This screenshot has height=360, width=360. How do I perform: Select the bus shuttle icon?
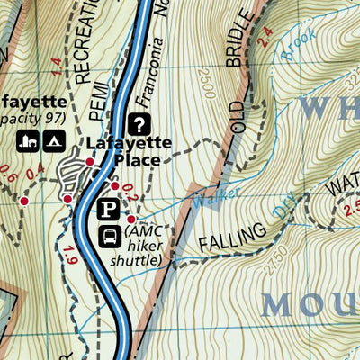tap(109, 236)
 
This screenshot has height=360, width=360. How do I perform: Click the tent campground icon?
tap(53, 139)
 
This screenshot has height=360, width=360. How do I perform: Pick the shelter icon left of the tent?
tap(28, 139)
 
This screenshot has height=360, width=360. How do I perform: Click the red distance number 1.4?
tap(57, 66)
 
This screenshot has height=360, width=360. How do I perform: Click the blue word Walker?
tap(221, 195)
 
